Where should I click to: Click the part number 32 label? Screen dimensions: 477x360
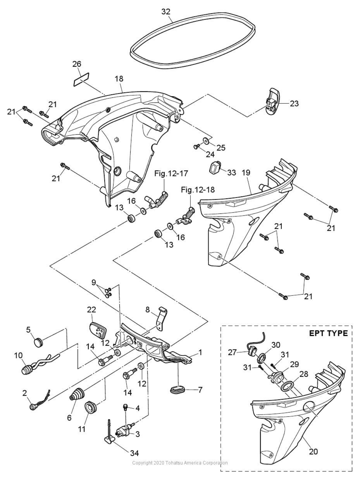tap(166, 11)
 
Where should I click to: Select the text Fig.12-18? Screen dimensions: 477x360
tap(198, 190)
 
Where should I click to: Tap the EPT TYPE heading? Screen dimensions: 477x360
tap(328, 334)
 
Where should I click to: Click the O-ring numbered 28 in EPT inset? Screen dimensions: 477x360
tap(287, 387)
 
